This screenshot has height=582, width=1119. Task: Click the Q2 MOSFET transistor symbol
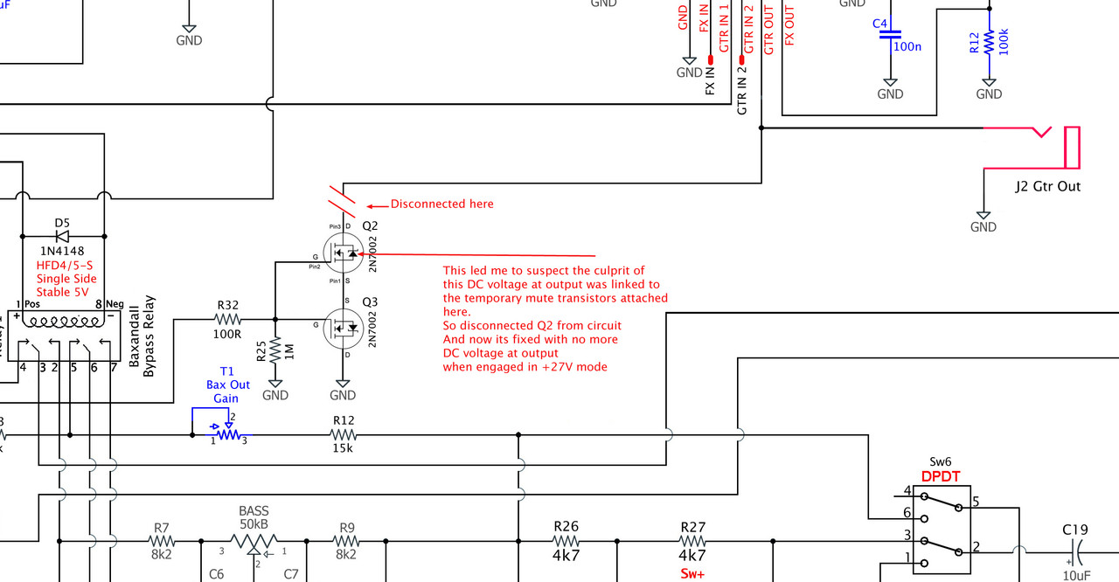click(x=344, y=253)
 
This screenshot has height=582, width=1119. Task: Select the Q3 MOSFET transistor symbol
click(x=344, y=329)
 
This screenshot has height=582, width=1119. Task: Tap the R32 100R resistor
click(x=228, y=320)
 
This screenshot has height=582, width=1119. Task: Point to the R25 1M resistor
click(x=275, y=351)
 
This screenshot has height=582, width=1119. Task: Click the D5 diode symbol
click(x=62, y=236)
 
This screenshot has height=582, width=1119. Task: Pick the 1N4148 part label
click(x=62, y=251)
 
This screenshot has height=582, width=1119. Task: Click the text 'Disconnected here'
click(x=442, y=204)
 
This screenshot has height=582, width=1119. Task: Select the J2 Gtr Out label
click(x=1047, y=186)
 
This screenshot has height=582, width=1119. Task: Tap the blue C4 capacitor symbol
click(x=890, y=34)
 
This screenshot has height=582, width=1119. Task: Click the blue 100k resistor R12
click(x=989, y=44)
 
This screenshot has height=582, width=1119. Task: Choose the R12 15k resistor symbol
click(x=344, y=435)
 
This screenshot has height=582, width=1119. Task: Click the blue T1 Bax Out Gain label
click(x=227, y=385)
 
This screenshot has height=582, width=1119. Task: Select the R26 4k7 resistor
click(x=566, y=541)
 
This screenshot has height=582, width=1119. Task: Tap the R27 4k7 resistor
click(x=692, y=541)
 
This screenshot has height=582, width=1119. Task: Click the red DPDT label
click(x=941, y=476)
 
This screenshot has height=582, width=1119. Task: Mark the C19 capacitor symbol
click(x=1077, y=553)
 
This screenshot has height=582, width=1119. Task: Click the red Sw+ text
click(x=692, y=574)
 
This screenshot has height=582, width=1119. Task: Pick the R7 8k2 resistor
click(x=162, y=541)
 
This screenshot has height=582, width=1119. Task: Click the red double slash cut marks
click(x=342, y=202)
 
